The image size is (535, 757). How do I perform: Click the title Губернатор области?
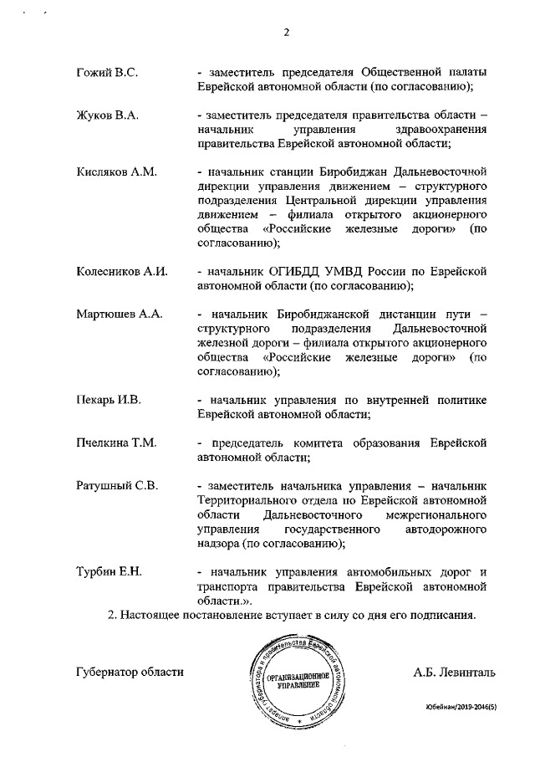pyautogui.click(x=129, y=672)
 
